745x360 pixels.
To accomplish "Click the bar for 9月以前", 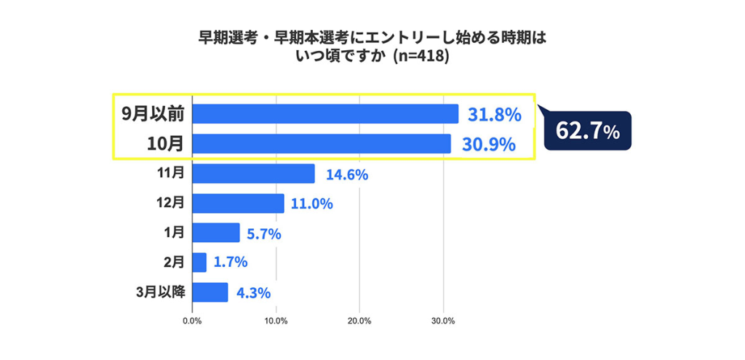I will tap(325, 114).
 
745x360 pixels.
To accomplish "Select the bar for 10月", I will tap(322, 144).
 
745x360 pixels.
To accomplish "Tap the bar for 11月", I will tap(253, 174).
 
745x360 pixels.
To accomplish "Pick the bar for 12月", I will tap(238, 204).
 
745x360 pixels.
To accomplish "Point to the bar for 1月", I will tap(216, 233).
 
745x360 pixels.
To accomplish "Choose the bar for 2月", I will tap(199, 263).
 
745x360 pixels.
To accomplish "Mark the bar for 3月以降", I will tap(210, 292).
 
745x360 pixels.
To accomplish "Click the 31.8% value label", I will tap(494, 114).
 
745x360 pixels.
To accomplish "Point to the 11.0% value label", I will tap(311, 204).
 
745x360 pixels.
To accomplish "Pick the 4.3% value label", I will tap(253, 293).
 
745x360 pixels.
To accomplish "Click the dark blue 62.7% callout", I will tap(587, 131).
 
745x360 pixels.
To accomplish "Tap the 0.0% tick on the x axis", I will tap(192, 321).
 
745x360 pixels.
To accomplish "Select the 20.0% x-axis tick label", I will tap(359, 321).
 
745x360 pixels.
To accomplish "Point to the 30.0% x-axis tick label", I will tap(444, 321).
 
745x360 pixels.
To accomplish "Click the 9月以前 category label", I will tap(152, 114).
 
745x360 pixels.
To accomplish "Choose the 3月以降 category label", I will tap(160, 292).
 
